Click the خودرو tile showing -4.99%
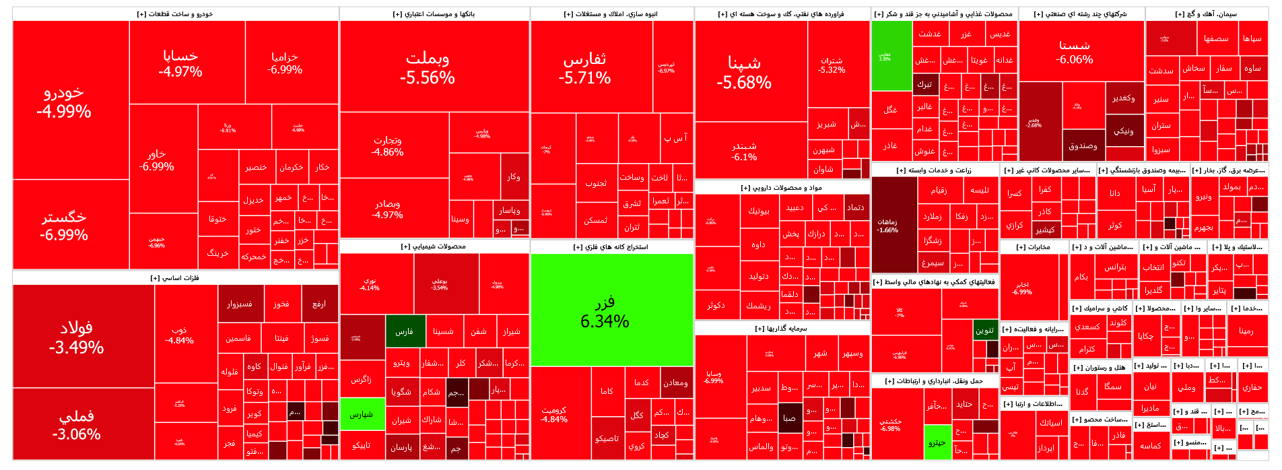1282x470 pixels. (x=64, y=101)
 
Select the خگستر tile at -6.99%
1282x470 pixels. (x=64, y=225)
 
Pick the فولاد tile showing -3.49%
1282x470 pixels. (x=76, y=337)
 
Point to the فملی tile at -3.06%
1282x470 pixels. (x=76, y=424)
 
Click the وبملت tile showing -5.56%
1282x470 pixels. (x=428, y=67)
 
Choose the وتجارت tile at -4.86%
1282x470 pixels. (x=388, y=145)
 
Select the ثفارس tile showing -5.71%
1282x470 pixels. (x=584, y=67)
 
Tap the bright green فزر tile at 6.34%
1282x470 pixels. (x=605, y=311)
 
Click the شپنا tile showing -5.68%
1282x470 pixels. (x=744, y=71)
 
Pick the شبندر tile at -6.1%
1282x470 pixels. (x=744, y=151)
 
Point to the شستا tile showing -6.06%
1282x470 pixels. (x=1075, y=52)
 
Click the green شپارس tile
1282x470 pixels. (x=362, y=414)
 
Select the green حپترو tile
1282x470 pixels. (x=937, y=442)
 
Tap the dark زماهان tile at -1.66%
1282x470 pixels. (x=887, y=226)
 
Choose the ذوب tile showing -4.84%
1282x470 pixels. (x=179, y=335)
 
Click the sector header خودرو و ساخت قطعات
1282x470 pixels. (x=175, y=13)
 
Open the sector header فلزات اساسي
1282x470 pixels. (x=175, y=277)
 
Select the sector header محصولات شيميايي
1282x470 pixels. (x=434, y=246)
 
